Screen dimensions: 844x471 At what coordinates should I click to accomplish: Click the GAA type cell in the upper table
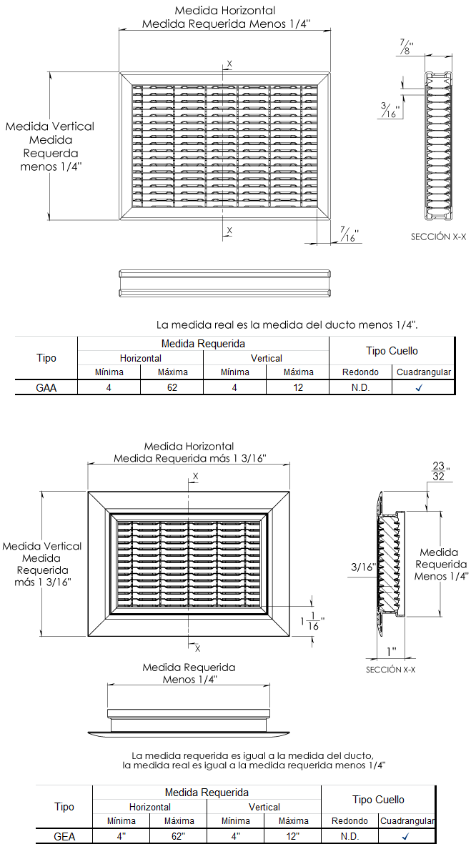point(46,387)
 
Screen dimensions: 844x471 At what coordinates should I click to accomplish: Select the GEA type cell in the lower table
point(64,836)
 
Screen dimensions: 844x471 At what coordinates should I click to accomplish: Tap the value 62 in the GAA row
point(172,387)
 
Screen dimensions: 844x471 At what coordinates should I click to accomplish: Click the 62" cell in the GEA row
point(179,836)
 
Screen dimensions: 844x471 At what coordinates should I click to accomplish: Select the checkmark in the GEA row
point(405,836)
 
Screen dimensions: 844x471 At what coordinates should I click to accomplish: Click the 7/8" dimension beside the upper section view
point(408,47)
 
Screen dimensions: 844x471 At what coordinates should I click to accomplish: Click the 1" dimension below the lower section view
point(391,651)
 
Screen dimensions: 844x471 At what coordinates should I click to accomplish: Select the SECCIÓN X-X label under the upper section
point(438,236)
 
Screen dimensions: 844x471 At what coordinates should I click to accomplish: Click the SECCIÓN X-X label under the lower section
point(390,670)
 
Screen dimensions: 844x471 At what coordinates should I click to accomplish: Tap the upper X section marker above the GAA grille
point(229,64)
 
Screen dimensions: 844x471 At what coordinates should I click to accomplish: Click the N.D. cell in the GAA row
point(360,387)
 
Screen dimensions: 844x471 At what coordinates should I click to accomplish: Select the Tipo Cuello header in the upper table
point(392,351)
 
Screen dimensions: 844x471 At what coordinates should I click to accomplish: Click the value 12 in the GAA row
point(298,387)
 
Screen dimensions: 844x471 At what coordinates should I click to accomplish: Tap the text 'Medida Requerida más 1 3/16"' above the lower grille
point(190,458)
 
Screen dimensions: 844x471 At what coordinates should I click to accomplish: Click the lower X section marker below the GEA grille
point(197,648)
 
